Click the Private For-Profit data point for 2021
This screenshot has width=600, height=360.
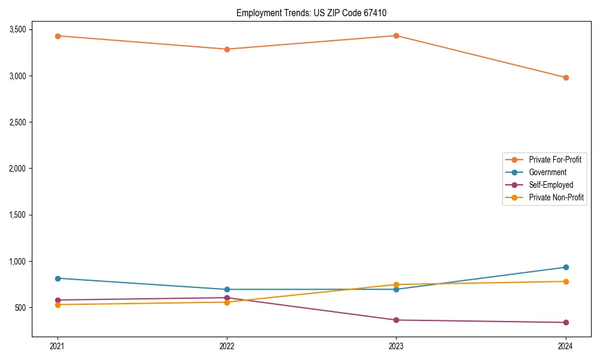pyautogui.click(x=58, y=36)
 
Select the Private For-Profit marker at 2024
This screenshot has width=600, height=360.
pyautogui.click(x=566, y=77)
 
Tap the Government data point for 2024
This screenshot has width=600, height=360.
pyautogui.click(x=566, y=267)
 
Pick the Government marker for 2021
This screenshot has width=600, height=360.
pyautogui.click(x=58, y=278)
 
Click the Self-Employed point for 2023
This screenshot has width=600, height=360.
pyautogui.click(x=396, y=320)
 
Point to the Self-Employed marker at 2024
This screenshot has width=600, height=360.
pyautogui.click(x=566, y=322)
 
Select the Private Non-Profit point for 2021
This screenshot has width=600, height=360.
pyautogui.click(x=58, y=305)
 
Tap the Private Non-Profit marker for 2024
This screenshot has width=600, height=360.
pyautogui.click(x=566, y=281)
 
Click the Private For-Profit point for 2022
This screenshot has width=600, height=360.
pyautogui.click(x=227, y=49)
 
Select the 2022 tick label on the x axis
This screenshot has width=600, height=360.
pyautogui.click(x=227, y=346)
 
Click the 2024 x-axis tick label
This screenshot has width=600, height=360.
pyautogui.click(x=566, y=346)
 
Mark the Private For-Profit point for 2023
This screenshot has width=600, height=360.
pyautogui.click(x=396, y=35)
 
